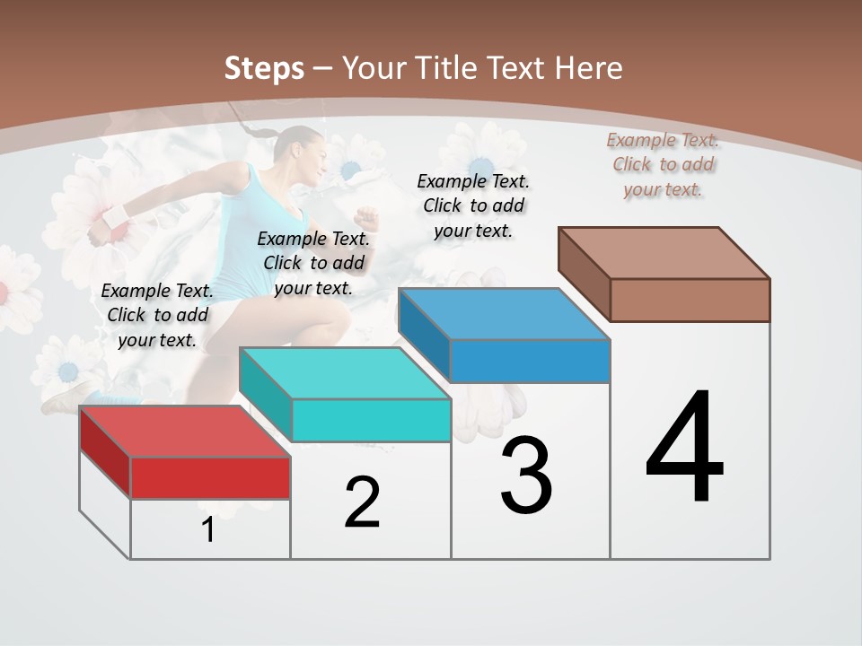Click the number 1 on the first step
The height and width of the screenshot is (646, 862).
(208, 530)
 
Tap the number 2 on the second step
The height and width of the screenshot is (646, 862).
(362, 502)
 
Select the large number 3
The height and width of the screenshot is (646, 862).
(526, 476)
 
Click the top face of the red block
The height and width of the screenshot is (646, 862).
(184, 431)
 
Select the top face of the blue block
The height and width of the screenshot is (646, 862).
(504, 314)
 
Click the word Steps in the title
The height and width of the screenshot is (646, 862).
(263, 68)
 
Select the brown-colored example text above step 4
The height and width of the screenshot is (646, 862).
(663, 164)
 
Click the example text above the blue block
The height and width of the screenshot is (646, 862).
(473, 205)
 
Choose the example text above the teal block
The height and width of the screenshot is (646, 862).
(313, 263)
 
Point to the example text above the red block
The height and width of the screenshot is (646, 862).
(157, 315)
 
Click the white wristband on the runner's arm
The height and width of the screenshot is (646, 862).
(115, 217)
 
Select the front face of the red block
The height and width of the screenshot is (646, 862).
(210, 477)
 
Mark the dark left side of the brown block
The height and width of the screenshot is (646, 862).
(584, 274)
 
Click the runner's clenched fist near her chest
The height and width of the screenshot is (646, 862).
(365, 218)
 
